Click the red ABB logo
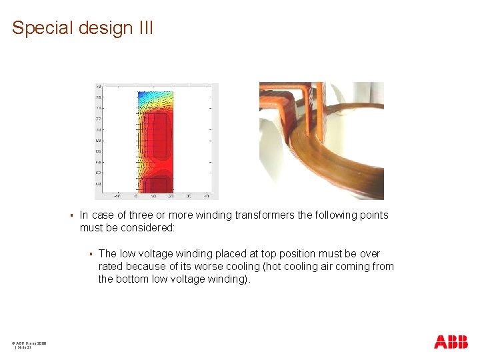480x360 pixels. tap(451, 342)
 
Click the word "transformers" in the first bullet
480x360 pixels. tap(257, 215)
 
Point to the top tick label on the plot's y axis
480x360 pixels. tap(98, 87)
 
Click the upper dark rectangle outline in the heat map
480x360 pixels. tap(154, 135)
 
